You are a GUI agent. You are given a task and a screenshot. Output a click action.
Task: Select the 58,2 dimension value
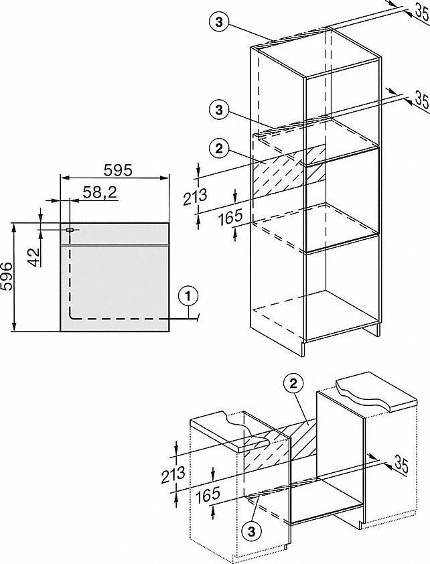(x=100, y=193)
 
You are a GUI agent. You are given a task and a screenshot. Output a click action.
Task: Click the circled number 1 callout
(x=188, y=294)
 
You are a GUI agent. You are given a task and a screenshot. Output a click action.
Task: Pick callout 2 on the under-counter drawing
(x=292, y=383)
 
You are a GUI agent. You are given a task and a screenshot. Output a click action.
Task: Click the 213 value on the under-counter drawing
(x=173, y=476)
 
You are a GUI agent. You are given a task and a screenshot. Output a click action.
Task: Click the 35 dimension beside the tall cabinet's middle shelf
(x=419, y=100)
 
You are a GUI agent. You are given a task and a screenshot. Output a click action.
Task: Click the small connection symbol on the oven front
(x=70, y=230)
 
